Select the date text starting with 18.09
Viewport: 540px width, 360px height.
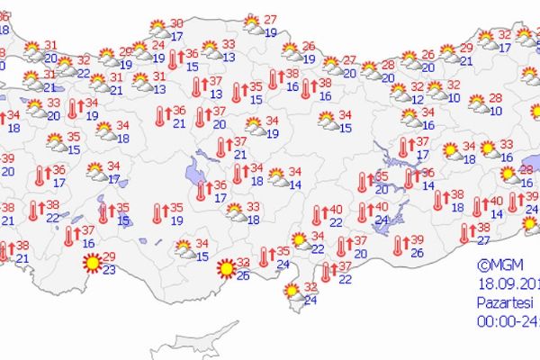508,282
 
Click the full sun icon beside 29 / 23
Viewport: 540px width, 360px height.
91,264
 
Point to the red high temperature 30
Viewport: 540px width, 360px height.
177,23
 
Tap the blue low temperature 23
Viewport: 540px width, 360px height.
109,268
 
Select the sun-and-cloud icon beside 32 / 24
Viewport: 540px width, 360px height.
291,291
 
